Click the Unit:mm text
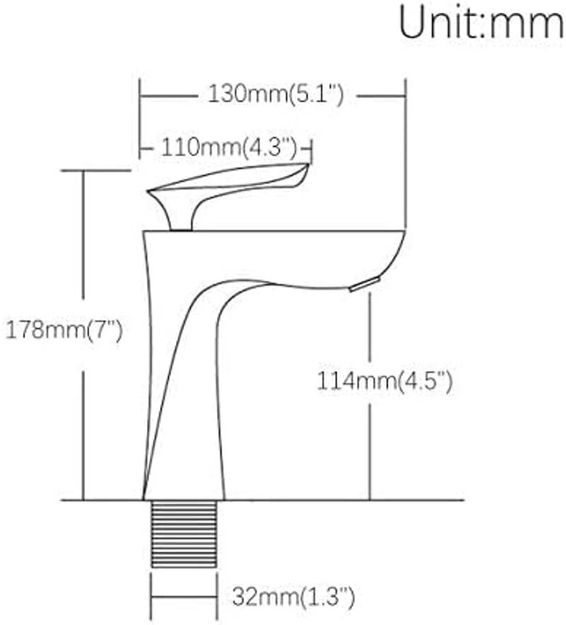[x=481, y=23]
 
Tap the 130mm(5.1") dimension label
[x=276, y=95]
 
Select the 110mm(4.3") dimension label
[x=229, y=148]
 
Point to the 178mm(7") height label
[x=64, y=330]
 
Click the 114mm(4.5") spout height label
[x=384, y=382]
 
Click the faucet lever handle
[x=228, y=187]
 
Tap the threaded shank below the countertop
[x=184, y=534]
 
